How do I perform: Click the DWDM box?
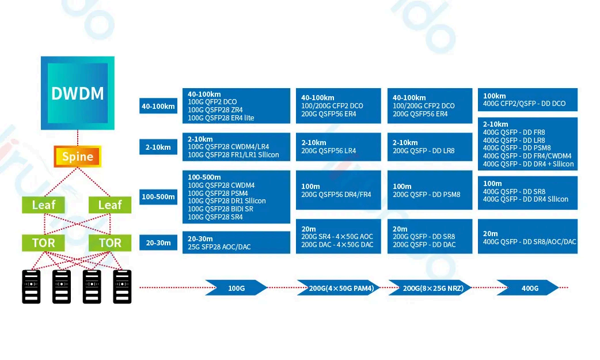78,93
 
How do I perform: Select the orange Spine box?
77,157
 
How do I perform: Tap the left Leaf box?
43,205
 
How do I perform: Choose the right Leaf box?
110,205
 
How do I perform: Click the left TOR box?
43,242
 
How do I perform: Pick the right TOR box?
110,242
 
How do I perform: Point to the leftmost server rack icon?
31,286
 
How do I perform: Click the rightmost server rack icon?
122,286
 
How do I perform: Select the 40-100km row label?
158,107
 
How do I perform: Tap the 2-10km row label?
158,147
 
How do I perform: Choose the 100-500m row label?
158,197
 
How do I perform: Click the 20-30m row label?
158,243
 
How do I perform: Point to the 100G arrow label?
236,288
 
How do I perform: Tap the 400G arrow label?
529,288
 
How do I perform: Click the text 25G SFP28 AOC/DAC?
219,247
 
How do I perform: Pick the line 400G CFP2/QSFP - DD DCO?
524,104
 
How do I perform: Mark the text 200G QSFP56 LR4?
328,151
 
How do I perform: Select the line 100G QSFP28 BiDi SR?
221,209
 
